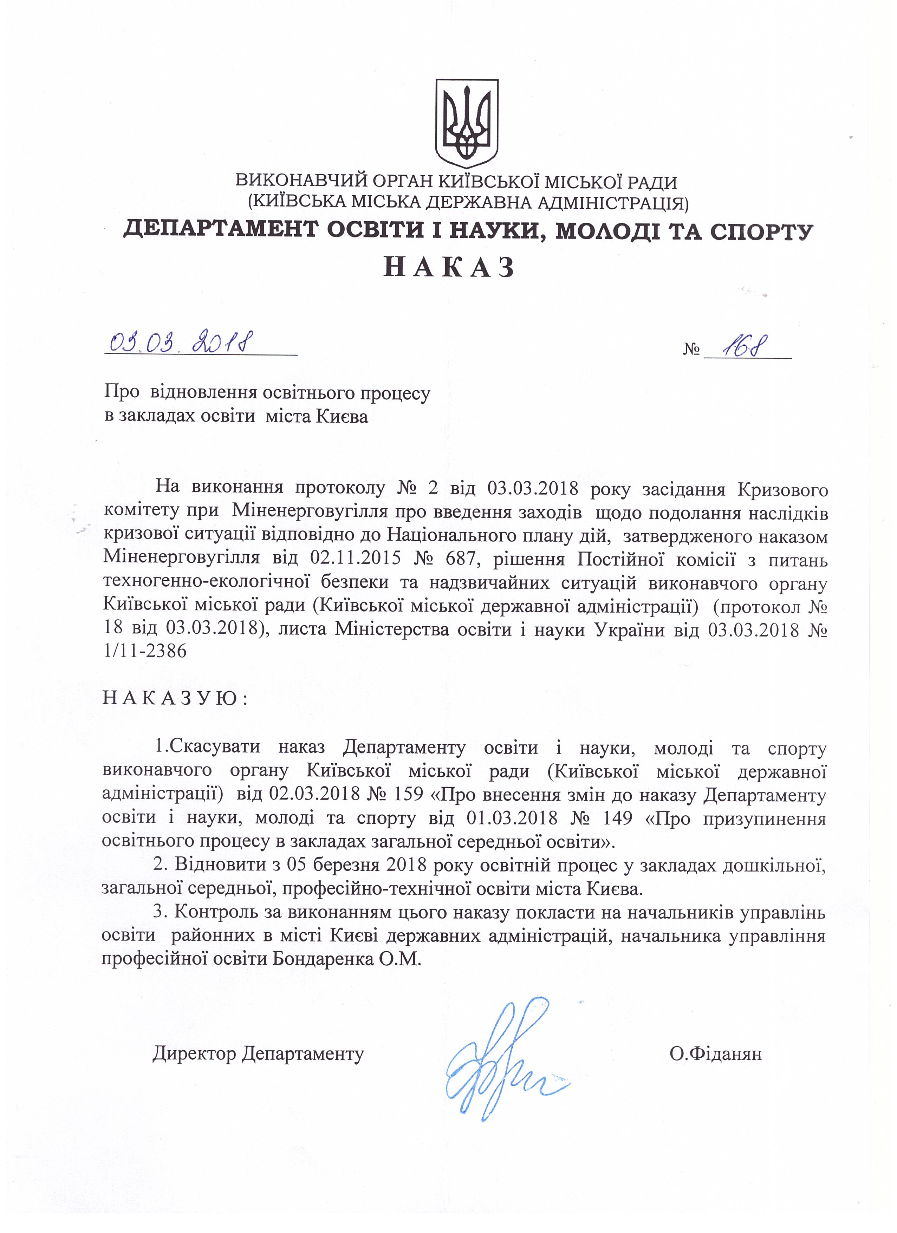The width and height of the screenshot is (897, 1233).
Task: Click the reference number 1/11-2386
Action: pyautogui.click(x=145, y=651)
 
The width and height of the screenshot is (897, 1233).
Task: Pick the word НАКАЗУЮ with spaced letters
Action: pyautogui.click(x=175, y=699)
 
